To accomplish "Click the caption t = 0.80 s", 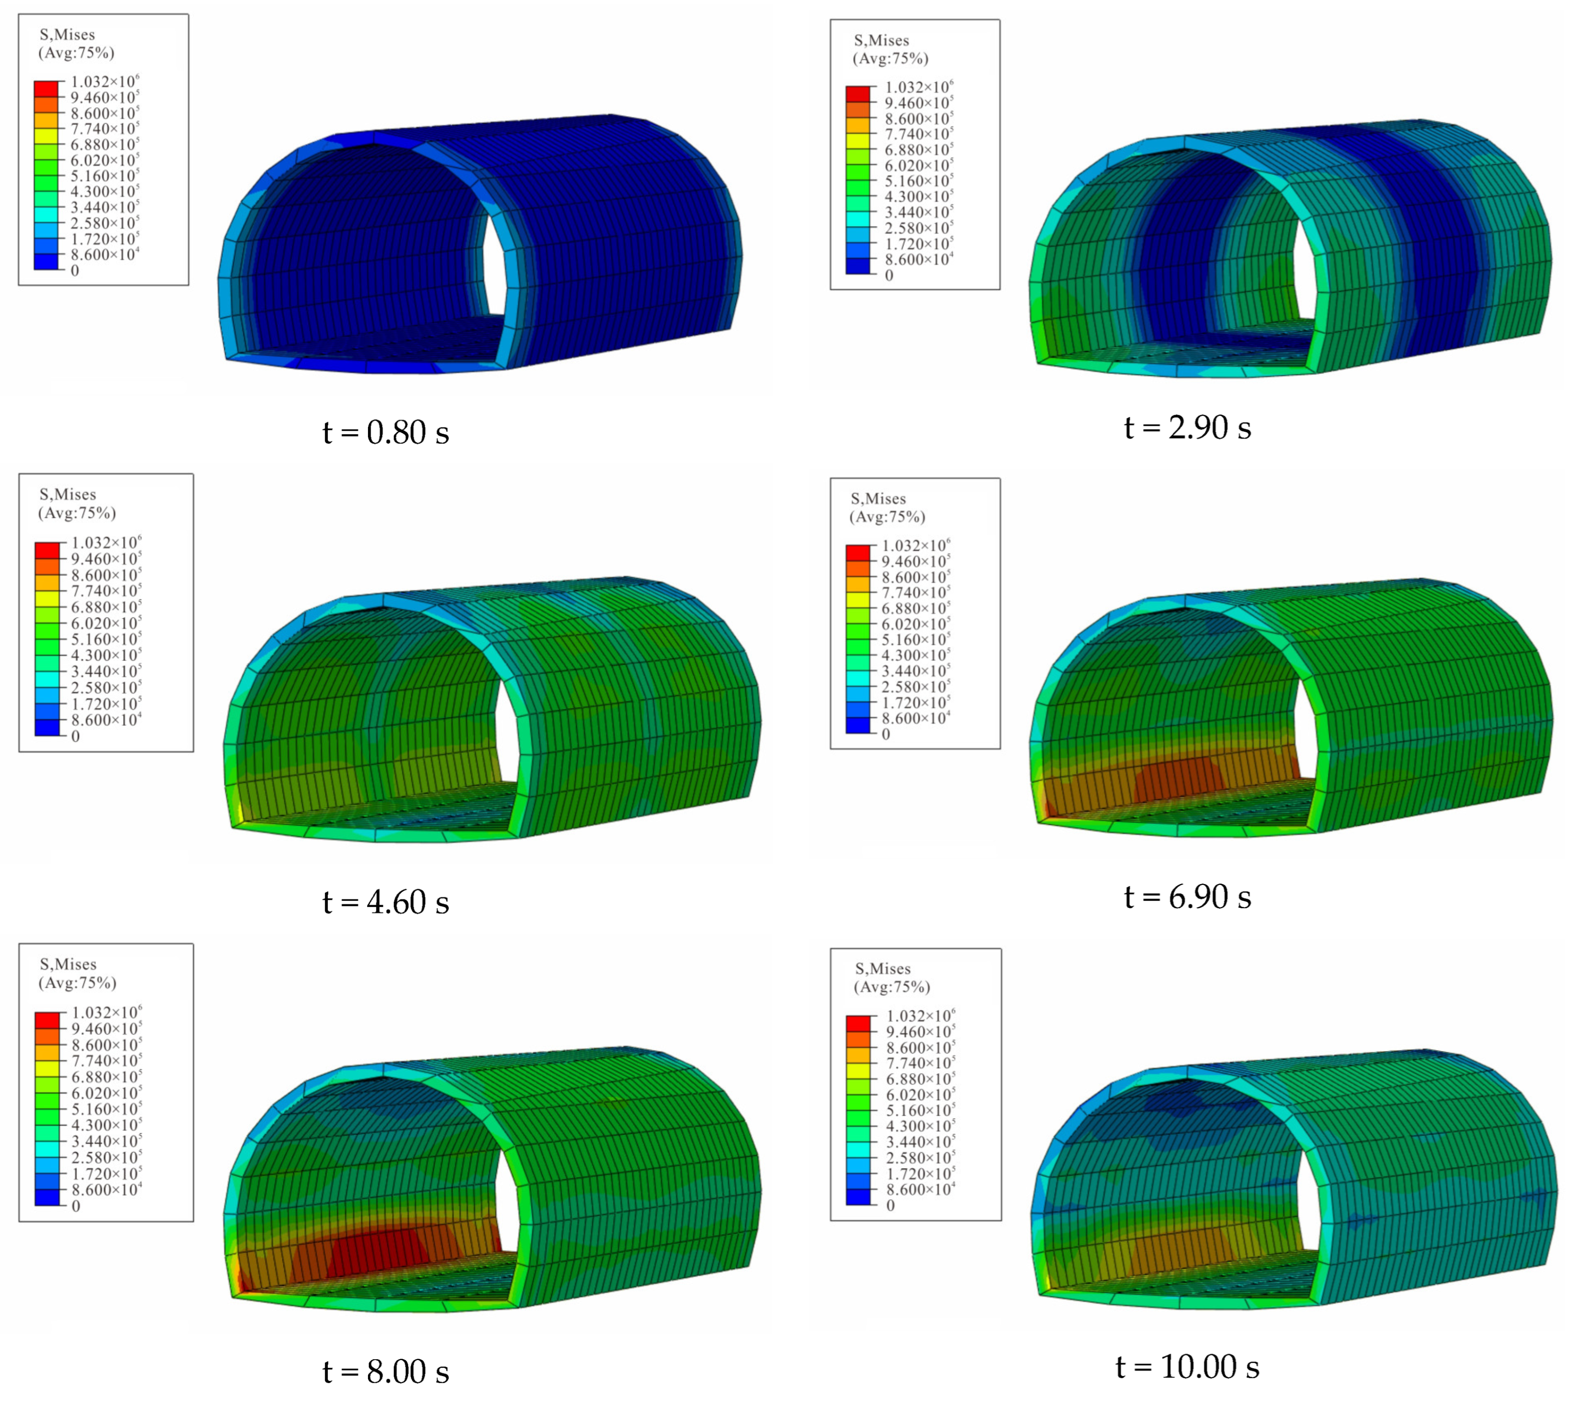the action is point(386,433).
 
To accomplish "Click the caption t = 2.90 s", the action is point(1188,428).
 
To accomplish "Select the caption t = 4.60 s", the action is point(386,902).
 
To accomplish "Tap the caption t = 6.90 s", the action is point(1188,897).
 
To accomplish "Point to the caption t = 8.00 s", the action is point(386,1371).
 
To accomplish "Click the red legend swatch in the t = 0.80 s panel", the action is point(46,88).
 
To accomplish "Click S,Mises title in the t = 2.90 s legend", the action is point(882,40).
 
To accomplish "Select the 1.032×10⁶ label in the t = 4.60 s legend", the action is point(106,543).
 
